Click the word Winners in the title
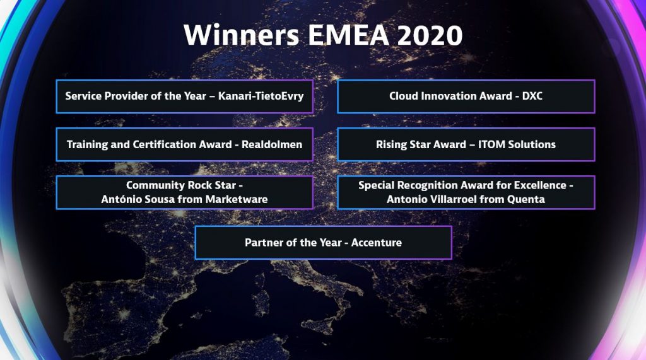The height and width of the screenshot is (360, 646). (x=242, y=35)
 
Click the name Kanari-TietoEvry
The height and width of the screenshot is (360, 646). (x=261, y=96)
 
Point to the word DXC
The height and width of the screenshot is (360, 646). (x=532, y=96)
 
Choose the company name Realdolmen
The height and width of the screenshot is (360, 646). (x=272, y=144)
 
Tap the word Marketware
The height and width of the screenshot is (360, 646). (x=237, y=199)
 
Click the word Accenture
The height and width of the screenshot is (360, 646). (x=377, y=243)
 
